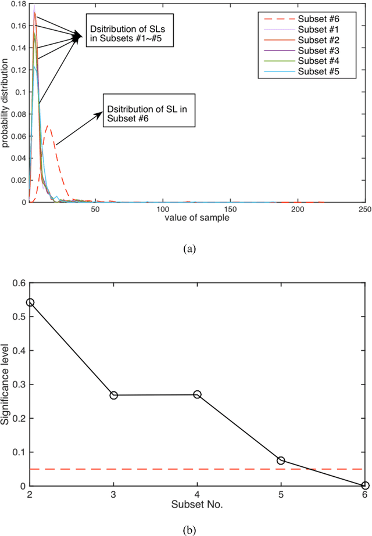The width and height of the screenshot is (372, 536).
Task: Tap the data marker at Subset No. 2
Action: tap(30, 303)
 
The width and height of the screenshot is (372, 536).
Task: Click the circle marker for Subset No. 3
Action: tap(114, 395)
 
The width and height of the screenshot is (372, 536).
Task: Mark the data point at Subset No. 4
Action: tap(198, 395)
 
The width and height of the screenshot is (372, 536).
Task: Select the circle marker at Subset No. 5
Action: tap(281, 461)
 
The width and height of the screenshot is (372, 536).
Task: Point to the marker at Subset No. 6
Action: tap(365, 485)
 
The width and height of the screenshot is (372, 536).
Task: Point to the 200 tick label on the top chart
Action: tap(298, 210)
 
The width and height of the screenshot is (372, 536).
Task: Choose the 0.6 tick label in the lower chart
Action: tap(19, 283)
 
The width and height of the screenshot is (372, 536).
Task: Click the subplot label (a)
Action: tap(190, 249)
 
